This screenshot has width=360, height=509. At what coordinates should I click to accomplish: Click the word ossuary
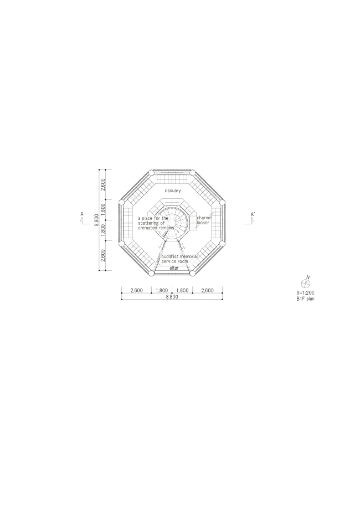point(173,191)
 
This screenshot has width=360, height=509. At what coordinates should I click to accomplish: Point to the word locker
point(203,223)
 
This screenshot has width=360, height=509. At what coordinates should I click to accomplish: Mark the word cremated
point(149,228)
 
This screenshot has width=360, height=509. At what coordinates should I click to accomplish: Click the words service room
point(174,262)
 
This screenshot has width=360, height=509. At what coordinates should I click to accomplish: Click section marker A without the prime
point(81,214)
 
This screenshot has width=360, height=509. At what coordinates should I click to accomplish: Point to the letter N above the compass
point(308,276)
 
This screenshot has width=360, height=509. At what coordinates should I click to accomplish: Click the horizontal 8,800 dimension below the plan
point(172,297)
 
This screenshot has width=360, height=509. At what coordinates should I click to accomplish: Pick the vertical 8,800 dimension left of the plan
point(97,220)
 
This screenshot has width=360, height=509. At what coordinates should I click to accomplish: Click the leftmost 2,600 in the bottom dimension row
point(136,290)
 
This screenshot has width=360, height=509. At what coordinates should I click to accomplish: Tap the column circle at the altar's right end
point(193,273)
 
